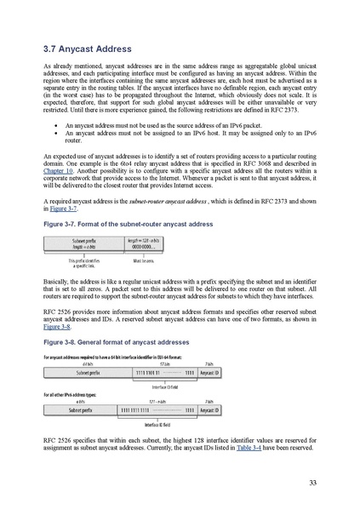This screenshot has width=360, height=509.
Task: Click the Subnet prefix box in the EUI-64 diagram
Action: (x=83, y=372)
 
